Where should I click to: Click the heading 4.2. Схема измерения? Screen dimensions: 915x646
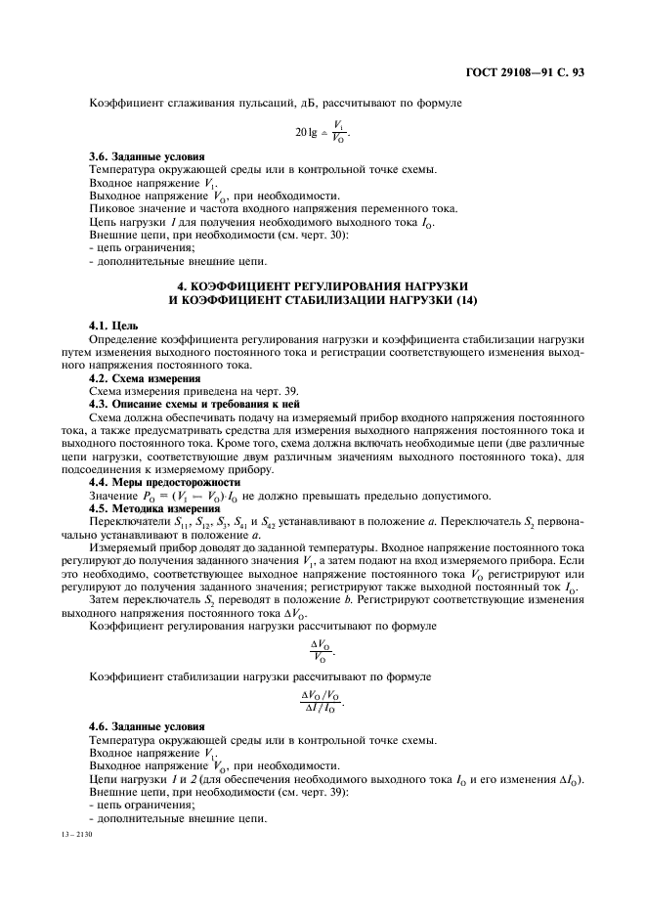(x=138, y=377)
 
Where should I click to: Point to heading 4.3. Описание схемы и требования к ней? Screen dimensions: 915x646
(x=194, y=403)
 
